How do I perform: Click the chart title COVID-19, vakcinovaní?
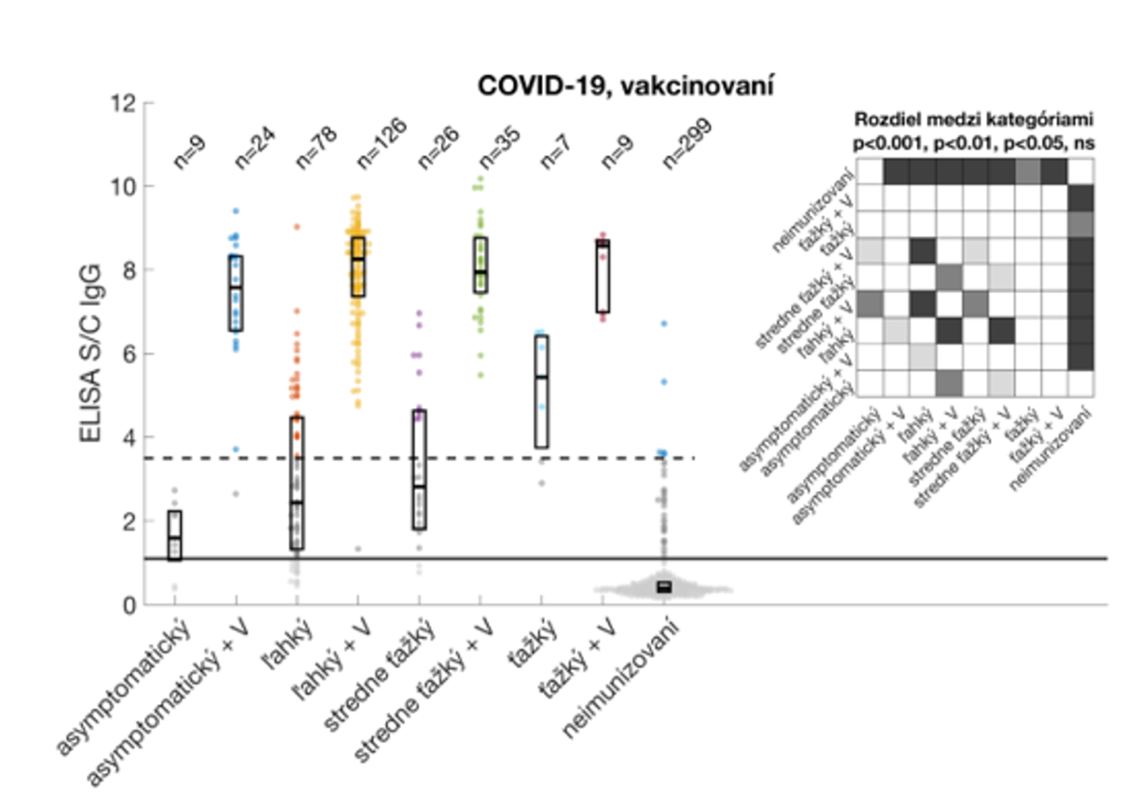click(626, 86)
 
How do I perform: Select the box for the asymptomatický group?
click(175, 536)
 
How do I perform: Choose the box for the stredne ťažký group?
click(418, 470)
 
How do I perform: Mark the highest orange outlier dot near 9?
click(297, 227)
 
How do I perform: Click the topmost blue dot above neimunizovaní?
click(665, 324)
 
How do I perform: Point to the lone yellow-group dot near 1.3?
click(358, 548)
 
